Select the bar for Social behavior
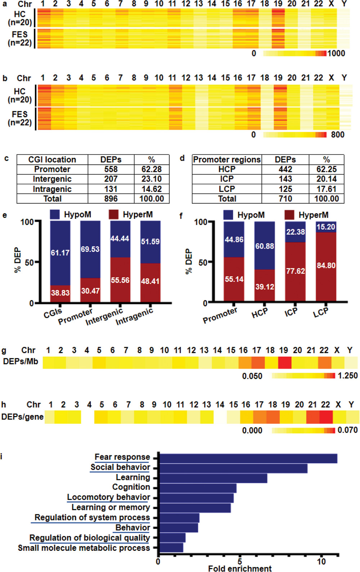233,468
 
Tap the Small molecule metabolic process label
84,548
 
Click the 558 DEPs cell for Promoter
111,169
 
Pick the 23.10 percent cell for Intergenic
152,179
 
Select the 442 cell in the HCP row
285,169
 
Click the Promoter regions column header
227,160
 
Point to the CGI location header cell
52,160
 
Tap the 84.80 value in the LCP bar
326,265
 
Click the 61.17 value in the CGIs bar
60,253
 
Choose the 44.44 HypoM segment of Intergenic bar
120,238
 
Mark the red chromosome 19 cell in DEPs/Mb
284,362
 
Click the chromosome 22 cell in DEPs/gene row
326,417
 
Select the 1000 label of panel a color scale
336,53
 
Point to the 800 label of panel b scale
338,135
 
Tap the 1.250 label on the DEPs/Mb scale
347,376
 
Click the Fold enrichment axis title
240,568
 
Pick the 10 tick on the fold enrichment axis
321,561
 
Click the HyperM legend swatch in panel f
289,215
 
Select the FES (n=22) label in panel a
20,39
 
